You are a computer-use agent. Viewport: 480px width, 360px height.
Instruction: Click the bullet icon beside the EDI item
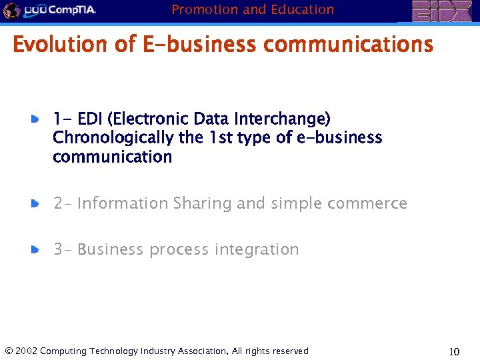(x=35, y=119)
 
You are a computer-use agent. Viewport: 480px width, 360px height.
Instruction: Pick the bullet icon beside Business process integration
(x=35, y=250)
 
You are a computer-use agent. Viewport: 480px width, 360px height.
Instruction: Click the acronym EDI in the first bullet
(x=91, y=119)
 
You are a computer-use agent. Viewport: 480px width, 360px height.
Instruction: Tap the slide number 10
(x=454, y=351)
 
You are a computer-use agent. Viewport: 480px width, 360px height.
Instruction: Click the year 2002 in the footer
(x=26, y=351)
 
